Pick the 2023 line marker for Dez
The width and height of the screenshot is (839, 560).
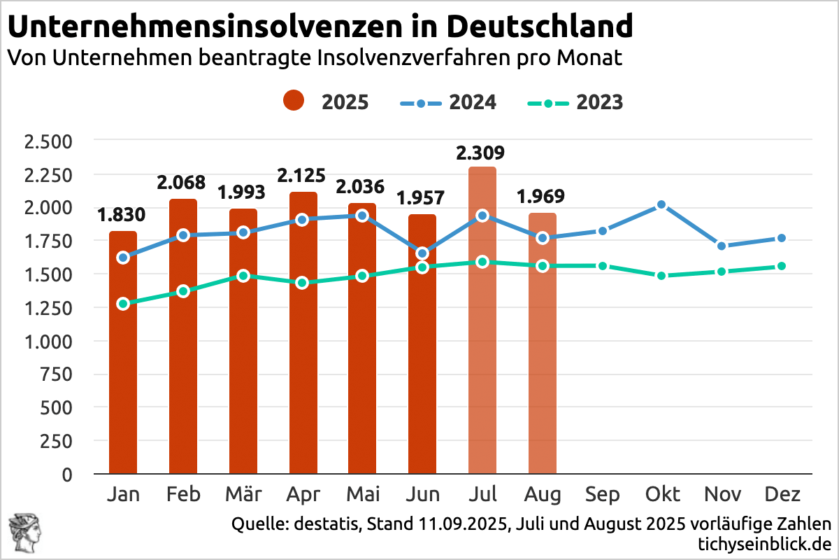[782, 266]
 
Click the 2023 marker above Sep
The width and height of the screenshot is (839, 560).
[602, 266]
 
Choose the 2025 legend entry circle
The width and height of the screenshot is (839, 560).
[294, 101]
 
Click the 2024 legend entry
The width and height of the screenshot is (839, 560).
[447, 102]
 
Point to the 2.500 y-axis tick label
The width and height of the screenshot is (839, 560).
[48, 141]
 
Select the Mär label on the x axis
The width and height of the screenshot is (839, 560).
[243, 495]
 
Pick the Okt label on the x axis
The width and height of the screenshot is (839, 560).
[662, 495]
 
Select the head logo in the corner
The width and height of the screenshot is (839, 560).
[22, 533]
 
